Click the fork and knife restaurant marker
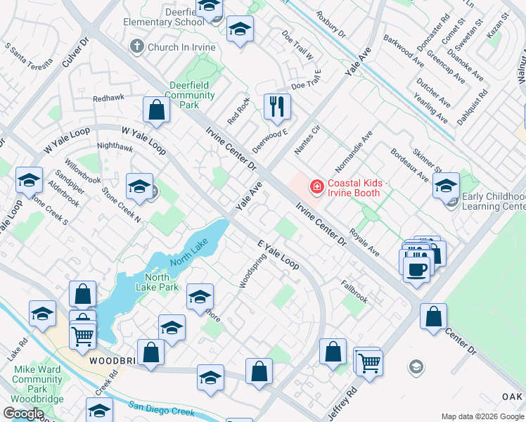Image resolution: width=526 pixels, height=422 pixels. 277,107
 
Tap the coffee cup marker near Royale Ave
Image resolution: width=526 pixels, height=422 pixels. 417,267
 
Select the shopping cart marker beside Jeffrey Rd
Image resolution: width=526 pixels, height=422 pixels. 367,362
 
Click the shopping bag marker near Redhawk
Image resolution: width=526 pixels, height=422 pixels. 156,110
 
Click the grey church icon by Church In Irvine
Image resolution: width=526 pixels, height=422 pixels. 137,47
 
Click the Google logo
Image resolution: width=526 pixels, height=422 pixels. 23,414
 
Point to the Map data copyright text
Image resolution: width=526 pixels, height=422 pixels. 482,416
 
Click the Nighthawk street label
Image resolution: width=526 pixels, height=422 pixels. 115,148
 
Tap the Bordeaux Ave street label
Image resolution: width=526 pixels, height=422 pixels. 409,164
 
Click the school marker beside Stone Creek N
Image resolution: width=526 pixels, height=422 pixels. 139,186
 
